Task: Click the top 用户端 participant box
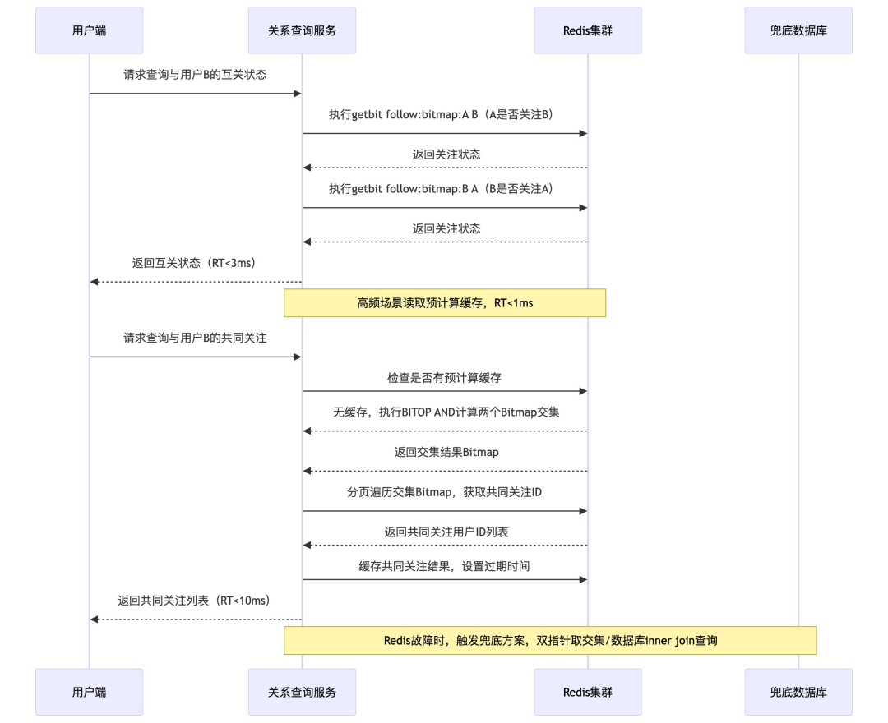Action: pos(89,30)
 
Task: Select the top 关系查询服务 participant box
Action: pos(302,30)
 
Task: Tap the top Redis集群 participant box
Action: pos(587,30)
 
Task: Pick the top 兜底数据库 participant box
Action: pos(798,30)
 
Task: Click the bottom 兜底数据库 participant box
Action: pos(798,692)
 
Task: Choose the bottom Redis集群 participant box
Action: pos(587,692)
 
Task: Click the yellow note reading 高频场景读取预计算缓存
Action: pos(445,303)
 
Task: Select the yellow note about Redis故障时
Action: pos(550,640)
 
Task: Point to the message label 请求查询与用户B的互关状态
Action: pos(195,75)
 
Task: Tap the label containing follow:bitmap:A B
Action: pos(444,115)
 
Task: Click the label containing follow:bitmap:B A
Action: pos(444,189)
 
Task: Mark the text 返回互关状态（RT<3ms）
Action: pos(195,264)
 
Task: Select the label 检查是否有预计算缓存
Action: pos(444,378)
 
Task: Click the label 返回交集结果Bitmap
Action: pos(446,452)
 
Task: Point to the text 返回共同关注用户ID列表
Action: pos(446,532)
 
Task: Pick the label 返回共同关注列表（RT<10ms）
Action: pos(195,601)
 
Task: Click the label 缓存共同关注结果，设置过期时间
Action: pos(444,567)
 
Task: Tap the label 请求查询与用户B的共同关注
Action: pos(195,338)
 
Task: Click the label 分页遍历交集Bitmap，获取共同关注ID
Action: pos(444,492)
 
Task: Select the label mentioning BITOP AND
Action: pos(446,412)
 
